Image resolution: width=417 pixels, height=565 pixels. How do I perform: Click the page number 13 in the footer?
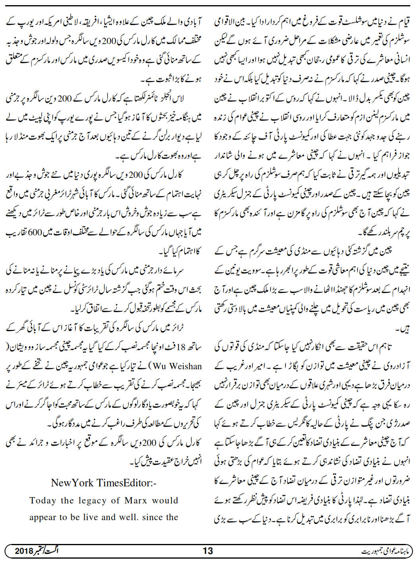point(208,551)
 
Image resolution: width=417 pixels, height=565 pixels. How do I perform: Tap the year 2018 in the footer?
point(25,551)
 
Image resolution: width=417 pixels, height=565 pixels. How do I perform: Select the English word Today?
point(42,500)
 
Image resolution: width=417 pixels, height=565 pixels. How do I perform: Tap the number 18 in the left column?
point(181,347)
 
